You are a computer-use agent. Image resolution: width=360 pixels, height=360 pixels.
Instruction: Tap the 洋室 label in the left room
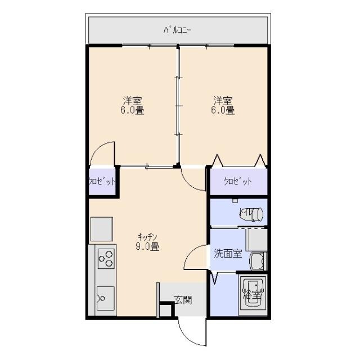click(x=132, y=101)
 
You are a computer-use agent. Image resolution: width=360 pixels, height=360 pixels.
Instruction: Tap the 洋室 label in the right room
click(x=222, y=101)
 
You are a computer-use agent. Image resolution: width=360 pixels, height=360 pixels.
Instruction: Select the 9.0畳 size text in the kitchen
click(x=147, y=246)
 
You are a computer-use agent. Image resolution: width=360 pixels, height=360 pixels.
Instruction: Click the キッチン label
click(x=147, y=236)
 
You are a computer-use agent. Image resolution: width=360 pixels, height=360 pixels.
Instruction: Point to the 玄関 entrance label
click(x=182, y=299)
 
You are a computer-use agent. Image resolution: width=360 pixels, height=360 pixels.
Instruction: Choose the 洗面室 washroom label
click(x=227, y=254)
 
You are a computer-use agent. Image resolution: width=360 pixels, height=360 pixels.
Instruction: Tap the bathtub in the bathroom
click(x=252, y=295)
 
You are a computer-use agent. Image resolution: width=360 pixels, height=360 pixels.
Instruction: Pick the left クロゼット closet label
click(x=102, y=182)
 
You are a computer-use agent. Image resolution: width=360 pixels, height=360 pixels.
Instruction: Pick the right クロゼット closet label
click(x=237, y=182)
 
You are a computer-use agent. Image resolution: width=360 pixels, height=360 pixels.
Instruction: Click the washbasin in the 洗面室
click(x=258, y=262)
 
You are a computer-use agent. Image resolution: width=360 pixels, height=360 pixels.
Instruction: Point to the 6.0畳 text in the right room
click(x=222, y=111)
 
